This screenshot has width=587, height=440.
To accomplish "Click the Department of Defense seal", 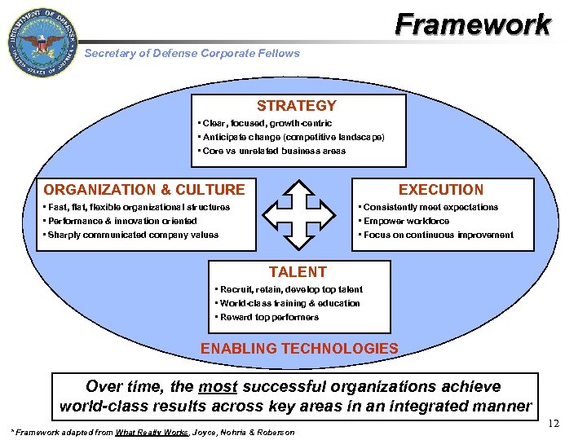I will [x=42, y=43].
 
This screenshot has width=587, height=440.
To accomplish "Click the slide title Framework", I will [x=473, y=24].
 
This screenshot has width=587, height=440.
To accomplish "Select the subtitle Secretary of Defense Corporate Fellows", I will [x=192, y=53].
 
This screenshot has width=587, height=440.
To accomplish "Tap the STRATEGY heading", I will [x=297, y=106].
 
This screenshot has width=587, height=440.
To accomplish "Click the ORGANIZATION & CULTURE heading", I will [x=144, y=190].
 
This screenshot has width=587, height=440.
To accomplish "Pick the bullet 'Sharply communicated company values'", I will [x=131, y=235].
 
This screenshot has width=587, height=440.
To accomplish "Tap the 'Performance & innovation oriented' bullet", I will [x=121, y=221].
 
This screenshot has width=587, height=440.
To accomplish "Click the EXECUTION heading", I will [x=441, y=190].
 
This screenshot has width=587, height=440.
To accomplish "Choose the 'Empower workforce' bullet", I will [x=405, y=221].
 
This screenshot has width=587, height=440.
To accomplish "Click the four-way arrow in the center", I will [x=302, y=213].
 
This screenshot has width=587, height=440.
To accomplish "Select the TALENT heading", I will [x=298, y=272].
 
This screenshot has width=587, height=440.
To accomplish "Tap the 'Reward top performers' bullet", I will [x=267, y=317].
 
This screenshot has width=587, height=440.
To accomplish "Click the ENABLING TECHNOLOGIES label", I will [x=299, y=349].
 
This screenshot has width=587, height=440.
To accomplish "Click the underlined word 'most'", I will [x=218, y=386].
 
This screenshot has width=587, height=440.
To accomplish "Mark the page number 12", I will [x=554, y=424].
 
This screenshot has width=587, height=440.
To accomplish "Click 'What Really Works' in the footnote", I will [x=151, y=432].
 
